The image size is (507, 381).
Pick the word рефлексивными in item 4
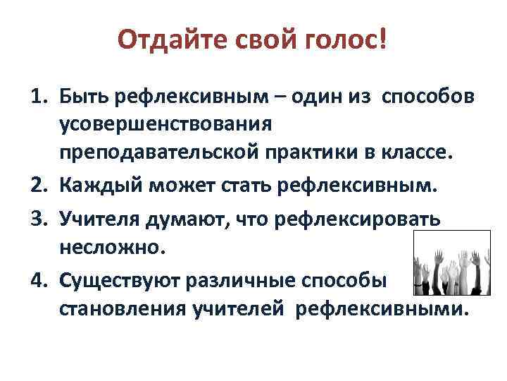pyautogui.click(x=381, y=309)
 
